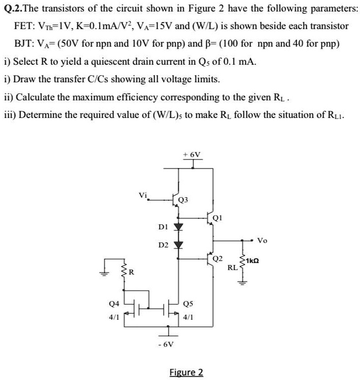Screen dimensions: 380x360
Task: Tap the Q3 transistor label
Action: coord(183,200)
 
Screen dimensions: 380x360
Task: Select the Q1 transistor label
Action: coord(216,217)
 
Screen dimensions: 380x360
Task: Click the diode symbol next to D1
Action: coord(177,226)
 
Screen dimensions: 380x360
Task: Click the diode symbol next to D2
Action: coord(177,245)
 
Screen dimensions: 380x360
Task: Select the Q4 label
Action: coord(114,304)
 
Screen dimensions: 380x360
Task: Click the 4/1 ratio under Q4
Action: coord(114,317)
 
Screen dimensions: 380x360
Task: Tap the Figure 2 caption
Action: coord(186,372)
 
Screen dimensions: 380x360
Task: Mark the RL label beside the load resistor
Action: coord(233,267)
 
